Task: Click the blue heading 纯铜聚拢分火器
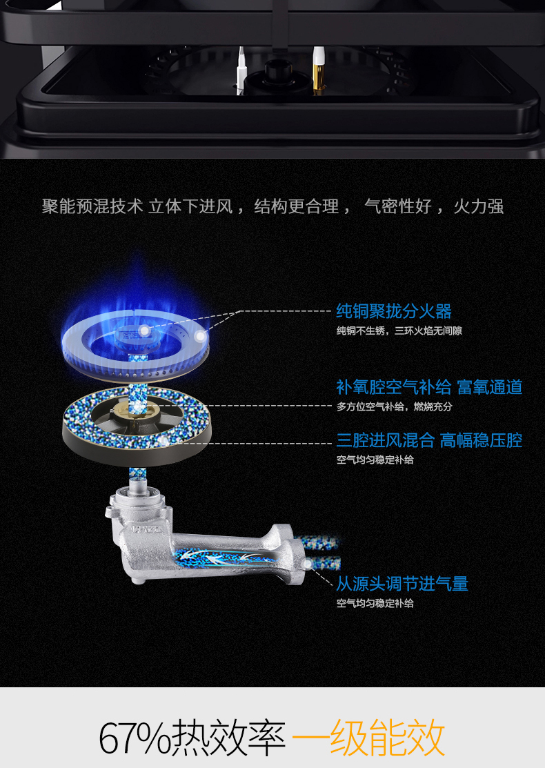point(394,311)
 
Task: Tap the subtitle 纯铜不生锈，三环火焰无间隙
point(399,331)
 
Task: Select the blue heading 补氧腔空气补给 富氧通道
point(429,387)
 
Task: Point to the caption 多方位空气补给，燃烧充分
point(394,406)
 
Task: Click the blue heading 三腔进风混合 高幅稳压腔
point(429,440)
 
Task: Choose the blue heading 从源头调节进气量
point(402,584)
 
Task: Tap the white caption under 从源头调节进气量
point(375,603)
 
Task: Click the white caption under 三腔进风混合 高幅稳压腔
point(375,460)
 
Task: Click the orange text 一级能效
point(368,738)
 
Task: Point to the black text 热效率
point(228,738)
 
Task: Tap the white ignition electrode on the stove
point(241,70)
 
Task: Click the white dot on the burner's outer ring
point(200,337)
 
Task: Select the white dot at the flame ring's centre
point(144,331)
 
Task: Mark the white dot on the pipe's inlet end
point(308,564)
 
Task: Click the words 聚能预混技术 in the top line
point(92,206)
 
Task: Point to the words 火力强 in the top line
point(478,206)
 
